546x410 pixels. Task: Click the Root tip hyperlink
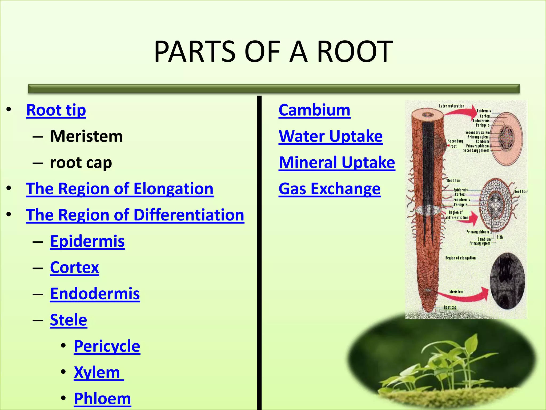pos(56,110)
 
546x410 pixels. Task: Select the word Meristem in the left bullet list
pos(86,136)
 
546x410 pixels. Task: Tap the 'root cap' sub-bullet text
pos(81,162)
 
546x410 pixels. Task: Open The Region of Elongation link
pos(120,189)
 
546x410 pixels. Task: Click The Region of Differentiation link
pos(135,215)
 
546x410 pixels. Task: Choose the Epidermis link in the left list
pos(87,241)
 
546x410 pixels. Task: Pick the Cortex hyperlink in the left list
pos(74,267)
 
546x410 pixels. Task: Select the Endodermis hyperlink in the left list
pos(95,294)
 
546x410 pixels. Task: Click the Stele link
pos(69,320)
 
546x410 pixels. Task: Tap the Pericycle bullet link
pos(107,346)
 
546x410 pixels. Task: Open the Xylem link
pos(97,372)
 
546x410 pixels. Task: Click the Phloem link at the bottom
pos(102,399)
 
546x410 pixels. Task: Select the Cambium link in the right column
pos(314,110)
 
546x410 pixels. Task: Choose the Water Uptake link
pos(331,136)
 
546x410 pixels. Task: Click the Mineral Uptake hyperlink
pos(337,162)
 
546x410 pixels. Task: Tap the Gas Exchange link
pos(330,189)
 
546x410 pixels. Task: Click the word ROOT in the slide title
pos(355,52)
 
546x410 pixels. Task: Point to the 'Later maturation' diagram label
pos(451,106)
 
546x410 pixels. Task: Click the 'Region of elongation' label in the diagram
pos(460,258)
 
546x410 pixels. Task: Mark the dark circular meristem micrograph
pos(507,281)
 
